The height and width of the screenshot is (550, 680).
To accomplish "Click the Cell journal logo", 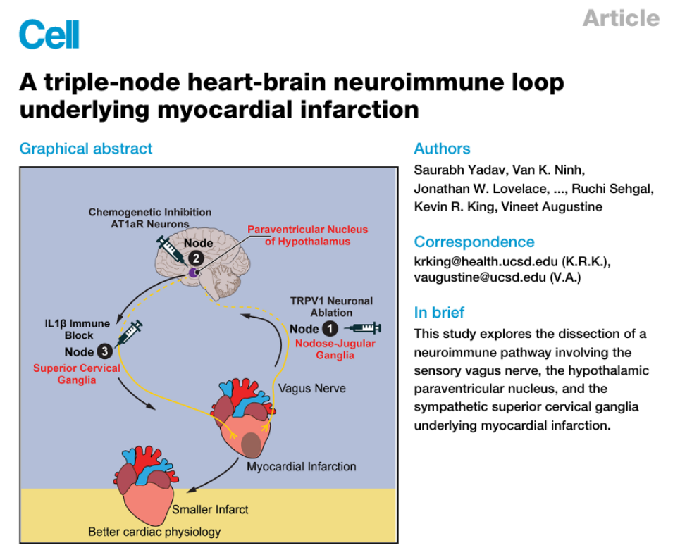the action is [x=49, y=35].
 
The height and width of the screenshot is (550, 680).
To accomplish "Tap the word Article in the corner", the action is [x=621, y=18].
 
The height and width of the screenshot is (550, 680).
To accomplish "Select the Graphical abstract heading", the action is [x=86, y=149].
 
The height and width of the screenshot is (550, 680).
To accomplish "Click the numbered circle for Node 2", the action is [x=196, y=258].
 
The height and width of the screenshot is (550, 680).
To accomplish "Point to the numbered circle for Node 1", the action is [x=330, y=329].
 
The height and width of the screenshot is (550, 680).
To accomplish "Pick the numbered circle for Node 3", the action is [x=104, y=351].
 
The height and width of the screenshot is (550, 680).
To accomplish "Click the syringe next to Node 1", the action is [x=364, y=327].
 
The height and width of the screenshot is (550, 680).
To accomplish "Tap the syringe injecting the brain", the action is [x=170, y=249].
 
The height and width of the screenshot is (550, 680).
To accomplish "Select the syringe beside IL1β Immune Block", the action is [x=130, y=332].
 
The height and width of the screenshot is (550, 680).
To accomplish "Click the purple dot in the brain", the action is [x=193, y=273].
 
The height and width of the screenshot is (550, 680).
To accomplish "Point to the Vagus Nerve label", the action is [x=311, y=388].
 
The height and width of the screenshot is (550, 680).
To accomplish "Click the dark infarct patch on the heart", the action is [x=251, y=444].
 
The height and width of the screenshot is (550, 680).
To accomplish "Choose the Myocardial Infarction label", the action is [x=302, y=467].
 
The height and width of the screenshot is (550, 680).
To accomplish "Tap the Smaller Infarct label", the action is [x=210, y=510].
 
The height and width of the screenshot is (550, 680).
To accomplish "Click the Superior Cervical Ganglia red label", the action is [x=77, y=374].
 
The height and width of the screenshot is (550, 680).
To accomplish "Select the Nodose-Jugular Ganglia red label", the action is [x=335, y=349].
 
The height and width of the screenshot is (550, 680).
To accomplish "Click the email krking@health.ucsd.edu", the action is [x=486, y=262].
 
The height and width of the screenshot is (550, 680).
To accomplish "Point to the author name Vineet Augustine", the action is [x=552, y=207].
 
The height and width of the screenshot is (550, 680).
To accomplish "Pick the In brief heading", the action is [x=439, y=313].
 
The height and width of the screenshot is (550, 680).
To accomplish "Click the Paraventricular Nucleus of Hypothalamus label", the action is [x=307, y=235].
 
